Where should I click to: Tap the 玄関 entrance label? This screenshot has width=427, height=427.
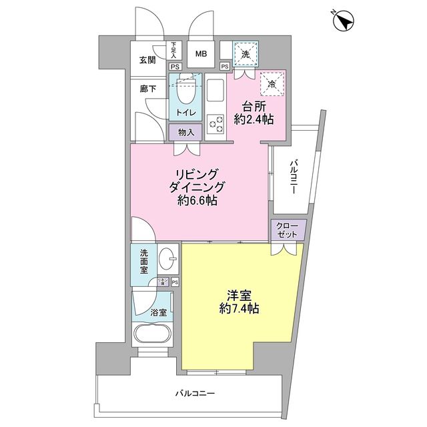pyautogui.click(x=147, y=60)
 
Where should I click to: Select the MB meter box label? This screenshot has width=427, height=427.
pyautogui.click(x=201, y=54)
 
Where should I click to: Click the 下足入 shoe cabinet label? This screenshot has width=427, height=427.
pyautogui.click(x=174, y=49)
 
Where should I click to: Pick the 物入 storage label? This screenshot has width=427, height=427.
pyautogui.click(x=186, y=132)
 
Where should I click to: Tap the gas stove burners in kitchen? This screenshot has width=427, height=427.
pyautogui.click(x=216, y=123)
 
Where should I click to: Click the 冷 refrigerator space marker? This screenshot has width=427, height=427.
pyautogui.click(x=272, y=84)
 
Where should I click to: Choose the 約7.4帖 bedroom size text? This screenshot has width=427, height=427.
pyautogui.click(x=238, y=309)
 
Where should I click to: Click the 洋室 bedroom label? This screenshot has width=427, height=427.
pyautogui.click(x=238, y=294)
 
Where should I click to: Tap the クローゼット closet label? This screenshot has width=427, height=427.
pyautogui.click(x=288, y=231)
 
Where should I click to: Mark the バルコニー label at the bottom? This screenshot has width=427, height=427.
pyautogui.click(x=196, y=394)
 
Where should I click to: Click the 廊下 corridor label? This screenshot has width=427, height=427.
pyautogui.click(x=147, y=88)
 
